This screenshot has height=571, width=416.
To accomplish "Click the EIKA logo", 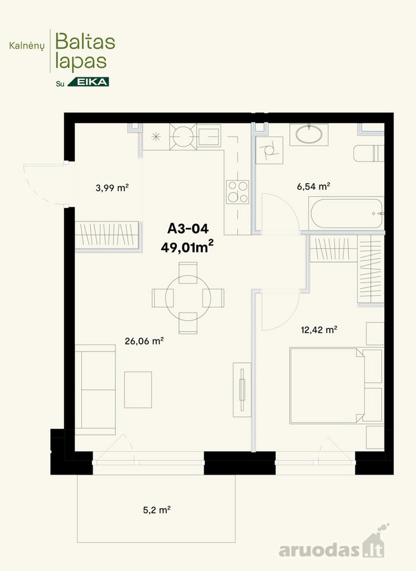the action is pyautogui.click(x=88, y=82).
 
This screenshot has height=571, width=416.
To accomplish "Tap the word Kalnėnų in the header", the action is pyautogui.click(x=27, y=46).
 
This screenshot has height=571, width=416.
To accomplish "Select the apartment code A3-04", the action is pyautogui.click(x=188, y=228).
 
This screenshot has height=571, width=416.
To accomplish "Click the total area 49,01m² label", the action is pyautogui.click(x=187, y=247).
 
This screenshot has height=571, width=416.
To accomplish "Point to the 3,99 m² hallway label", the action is pyautogui.click(x=112, y=188).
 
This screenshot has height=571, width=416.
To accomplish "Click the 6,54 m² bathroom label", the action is pyautogui.click(x=313, y=187).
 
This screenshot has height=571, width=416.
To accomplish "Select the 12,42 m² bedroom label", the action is pyautogui.click(x=319, y=330).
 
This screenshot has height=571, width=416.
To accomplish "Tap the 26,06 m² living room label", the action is pyautogui.click(x=144, y=341).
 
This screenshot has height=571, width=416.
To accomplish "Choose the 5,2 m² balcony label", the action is pyautogui.click(x=157, y=510).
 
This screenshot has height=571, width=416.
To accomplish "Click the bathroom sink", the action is pyautogui.click(x=309, y=134).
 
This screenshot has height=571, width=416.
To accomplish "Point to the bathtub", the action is pyautogui.click(x=346, y=213).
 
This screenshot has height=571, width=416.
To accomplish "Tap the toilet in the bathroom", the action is pyautogui.click(x=368, y=154).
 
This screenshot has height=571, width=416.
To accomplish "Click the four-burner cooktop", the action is pyautogui.click(x=238, y=192).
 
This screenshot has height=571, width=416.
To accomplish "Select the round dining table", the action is pyautogui.click(x=188, y=298).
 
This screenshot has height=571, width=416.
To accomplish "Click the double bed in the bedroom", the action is pyautogui.click(x=327, y=386).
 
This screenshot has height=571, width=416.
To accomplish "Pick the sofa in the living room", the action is pyautogui.click(x=95, y=390).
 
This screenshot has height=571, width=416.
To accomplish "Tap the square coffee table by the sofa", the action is pyautogui.click(x=138, y=390).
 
